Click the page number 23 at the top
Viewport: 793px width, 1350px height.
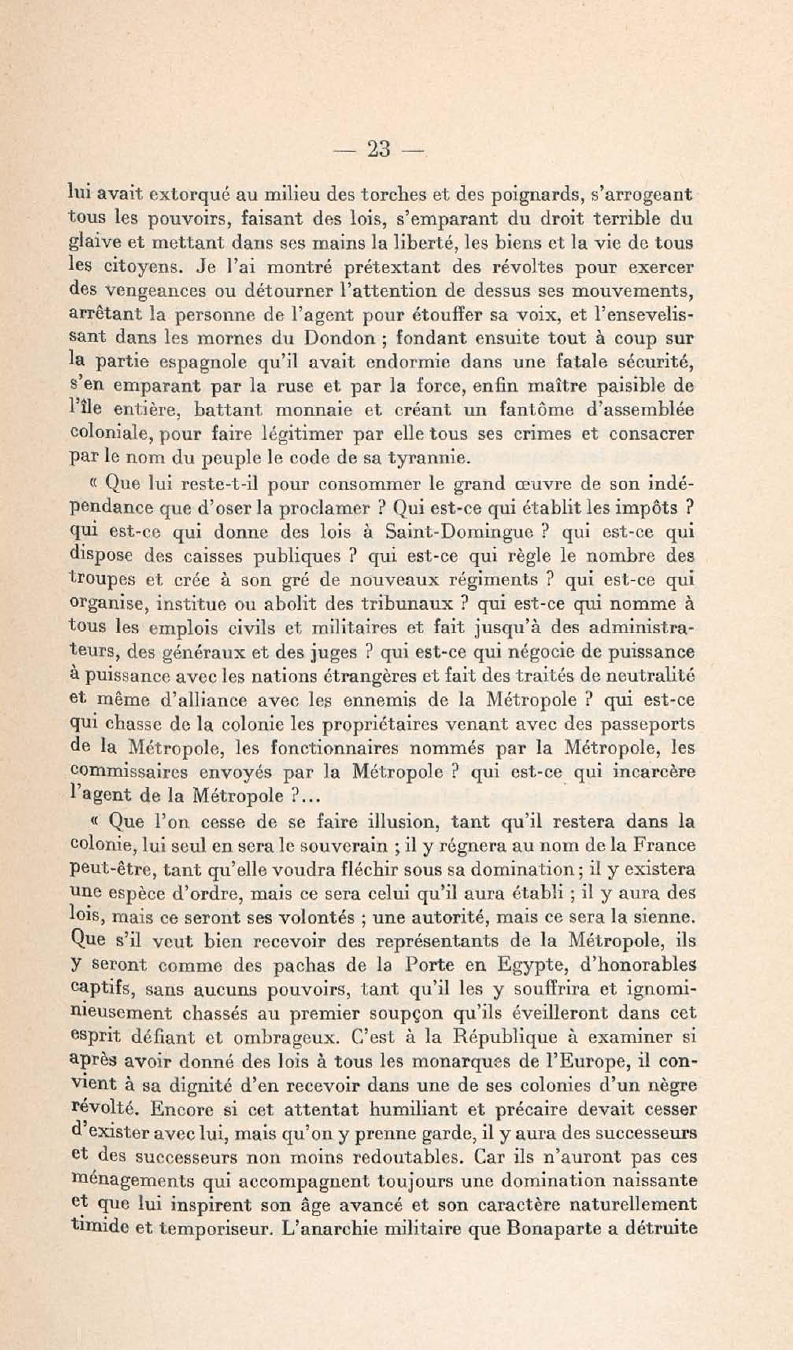tap(378, 149)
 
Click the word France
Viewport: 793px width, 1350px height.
tap(664, 845)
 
